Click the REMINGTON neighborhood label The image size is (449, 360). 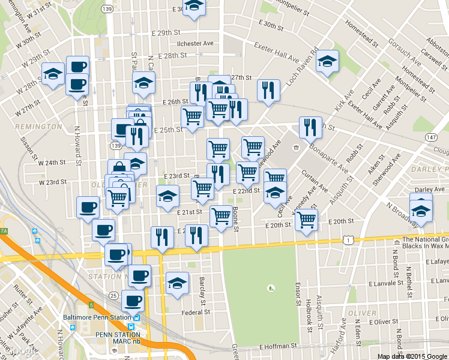pyautogui.click(x=38, y=127)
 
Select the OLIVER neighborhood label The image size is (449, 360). pyautogui.click(x=363, y=313)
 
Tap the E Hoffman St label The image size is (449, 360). pyautogui.click(x=279, y=347)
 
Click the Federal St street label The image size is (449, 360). pyautogui.click(x=196, y=312)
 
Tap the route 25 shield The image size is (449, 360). pyautogui.click(x=113, y=295)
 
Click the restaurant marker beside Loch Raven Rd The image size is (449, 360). pyautogui.click(x=268, y=91)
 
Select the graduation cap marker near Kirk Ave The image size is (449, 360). pyautogui.click(x=327, y=62)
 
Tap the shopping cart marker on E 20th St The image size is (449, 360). pyautogui.click(x=307, y=220)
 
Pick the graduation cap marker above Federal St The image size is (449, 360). pyautogui.click(x=177, y=283)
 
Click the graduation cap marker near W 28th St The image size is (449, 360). pyautogui.click(x=53, y=74)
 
